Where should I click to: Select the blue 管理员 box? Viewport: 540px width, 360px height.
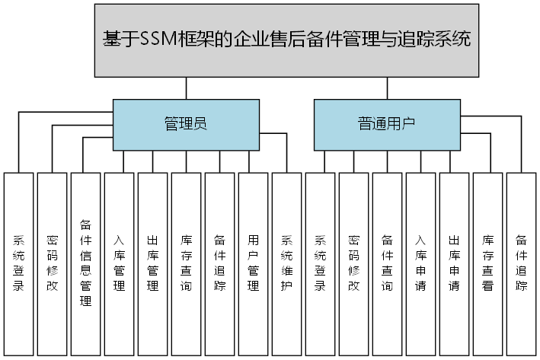pyautogui.click(x=186, y=124)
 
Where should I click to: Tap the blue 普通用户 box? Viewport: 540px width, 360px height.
pyautogui.click(x=387, y=124)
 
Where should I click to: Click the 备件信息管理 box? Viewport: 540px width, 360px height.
pyautogui.click(x=85, y=263)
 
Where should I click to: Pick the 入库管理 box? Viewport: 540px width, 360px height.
pyautogui.click(x=119, y=263)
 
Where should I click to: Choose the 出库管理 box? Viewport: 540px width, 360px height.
pyautogui.click(x=152, y=263)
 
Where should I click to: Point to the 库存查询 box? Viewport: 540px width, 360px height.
pyautogui.click(x=186, y=263)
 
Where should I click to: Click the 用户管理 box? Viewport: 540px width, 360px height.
pyautogui.click(x=253, y=263)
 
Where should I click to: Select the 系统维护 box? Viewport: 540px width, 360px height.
pyautogui.click(x=286, y=263)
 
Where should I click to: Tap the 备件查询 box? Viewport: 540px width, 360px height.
pyautogui.click(x=387, y=263)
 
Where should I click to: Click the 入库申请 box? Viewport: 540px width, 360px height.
pyautogui.click(x=420, y=263)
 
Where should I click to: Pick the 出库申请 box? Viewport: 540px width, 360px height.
pyautogui.click(x=454, y=263)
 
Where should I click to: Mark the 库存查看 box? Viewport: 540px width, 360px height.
pyautogui.click(x=487, y=263)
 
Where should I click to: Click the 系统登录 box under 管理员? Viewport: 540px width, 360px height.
pyautogui.click(x=18, y=263)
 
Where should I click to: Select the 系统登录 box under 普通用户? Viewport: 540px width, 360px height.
pyautogui.click(x=320, y=263)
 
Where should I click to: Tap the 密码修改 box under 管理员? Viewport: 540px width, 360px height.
pyautogui.click(x=52, y=263)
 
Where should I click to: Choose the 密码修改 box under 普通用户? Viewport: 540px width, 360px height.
pyautogui.click(x=353, y=263)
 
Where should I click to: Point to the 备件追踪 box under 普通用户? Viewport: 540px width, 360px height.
pyautogui.click(x=521, y=263)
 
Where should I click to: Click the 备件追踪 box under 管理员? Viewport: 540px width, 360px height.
pyautogui.click(x=219, y=263)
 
